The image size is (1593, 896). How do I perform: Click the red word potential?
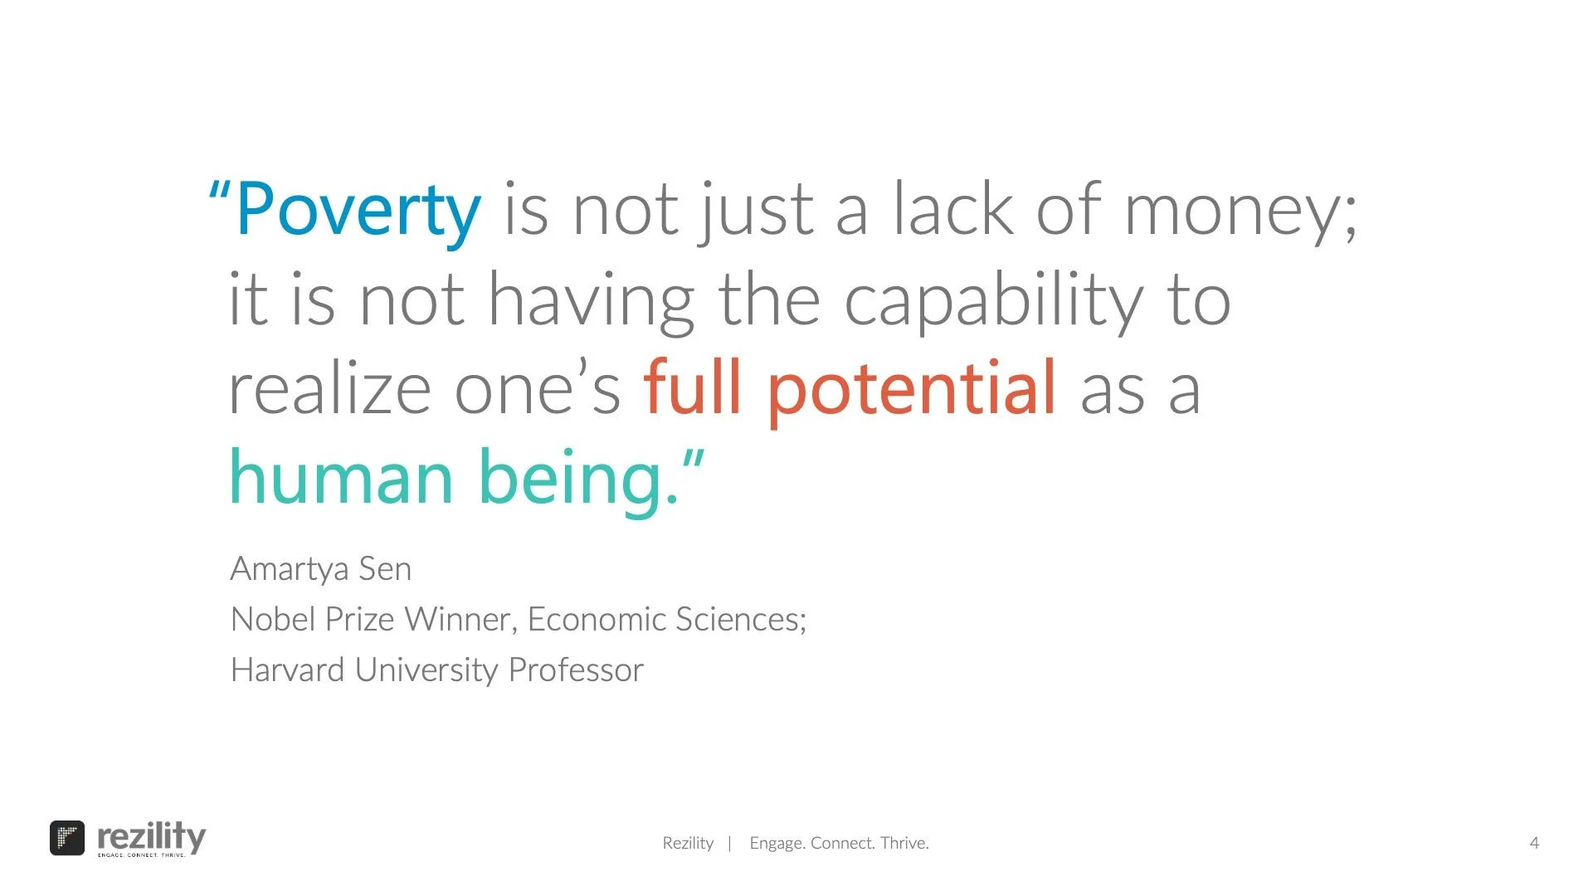(x=911, y=390)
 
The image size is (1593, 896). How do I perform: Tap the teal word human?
(x=341, y=478)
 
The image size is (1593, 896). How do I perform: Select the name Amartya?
(x=290, y=570)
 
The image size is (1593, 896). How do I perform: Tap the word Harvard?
(x=287, y=670)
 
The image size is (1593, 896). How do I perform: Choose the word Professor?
(x=576, y=670)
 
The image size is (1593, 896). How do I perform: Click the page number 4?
(x=1534, y=843)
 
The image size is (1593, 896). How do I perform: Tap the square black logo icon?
(x=67, y=838)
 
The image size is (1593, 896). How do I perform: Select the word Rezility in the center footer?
(x=688, y=843)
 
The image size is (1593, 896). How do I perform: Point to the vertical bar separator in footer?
(x=729, y=844)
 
